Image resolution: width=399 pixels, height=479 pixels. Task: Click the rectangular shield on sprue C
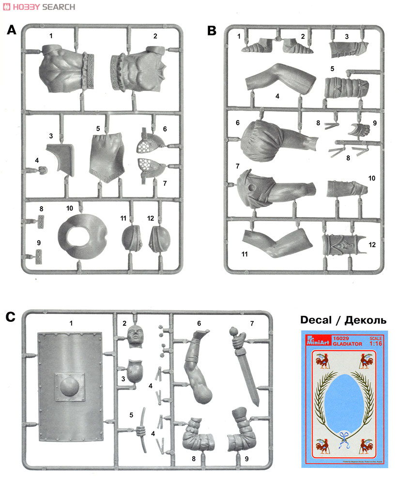(70, 387)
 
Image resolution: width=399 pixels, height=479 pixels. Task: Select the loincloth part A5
(107, 154)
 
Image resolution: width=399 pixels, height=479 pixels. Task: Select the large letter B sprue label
(212, 31)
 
